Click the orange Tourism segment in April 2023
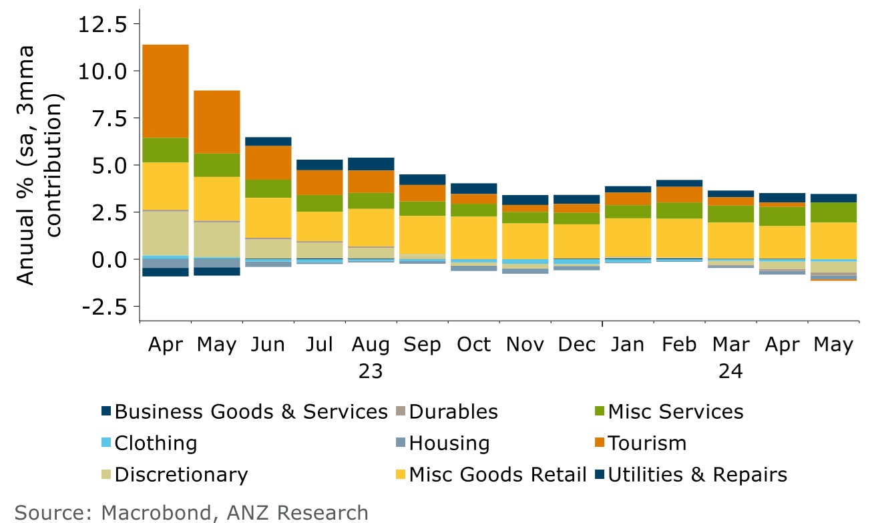click(x=166, y=91)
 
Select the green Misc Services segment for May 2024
click(x=833, y=212)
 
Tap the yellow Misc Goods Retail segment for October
click(x=473, y=237)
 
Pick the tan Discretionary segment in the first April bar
click(x=166, y=233)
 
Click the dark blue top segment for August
click(x=371, y=164)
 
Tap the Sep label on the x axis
click(x=422, y=345)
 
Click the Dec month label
click(x=577, y=345)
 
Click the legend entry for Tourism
click(x=647, y=443)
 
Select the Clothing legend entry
click(x=156, y=443)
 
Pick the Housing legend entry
click(x=449, y=443)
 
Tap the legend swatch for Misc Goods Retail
click(x=400, y=475)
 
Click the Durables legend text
click(x=453, y=411)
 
